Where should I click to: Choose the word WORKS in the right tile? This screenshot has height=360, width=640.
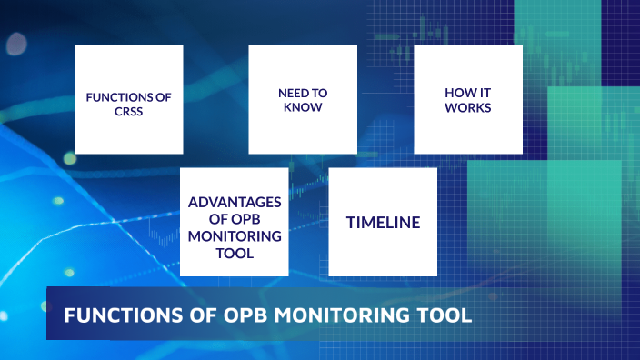(x=468, y=108)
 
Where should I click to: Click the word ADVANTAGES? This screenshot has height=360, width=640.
(x=235, y=202)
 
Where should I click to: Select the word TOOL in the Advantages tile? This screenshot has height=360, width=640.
(x=235, y=254)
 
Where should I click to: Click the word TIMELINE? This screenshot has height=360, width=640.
(x=382, y=222)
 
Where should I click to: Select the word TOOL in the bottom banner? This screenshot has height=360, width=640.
(x=445, y=315)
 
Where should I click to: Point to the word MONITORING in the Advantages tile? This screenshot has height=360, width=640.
(x=235, y=236)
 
